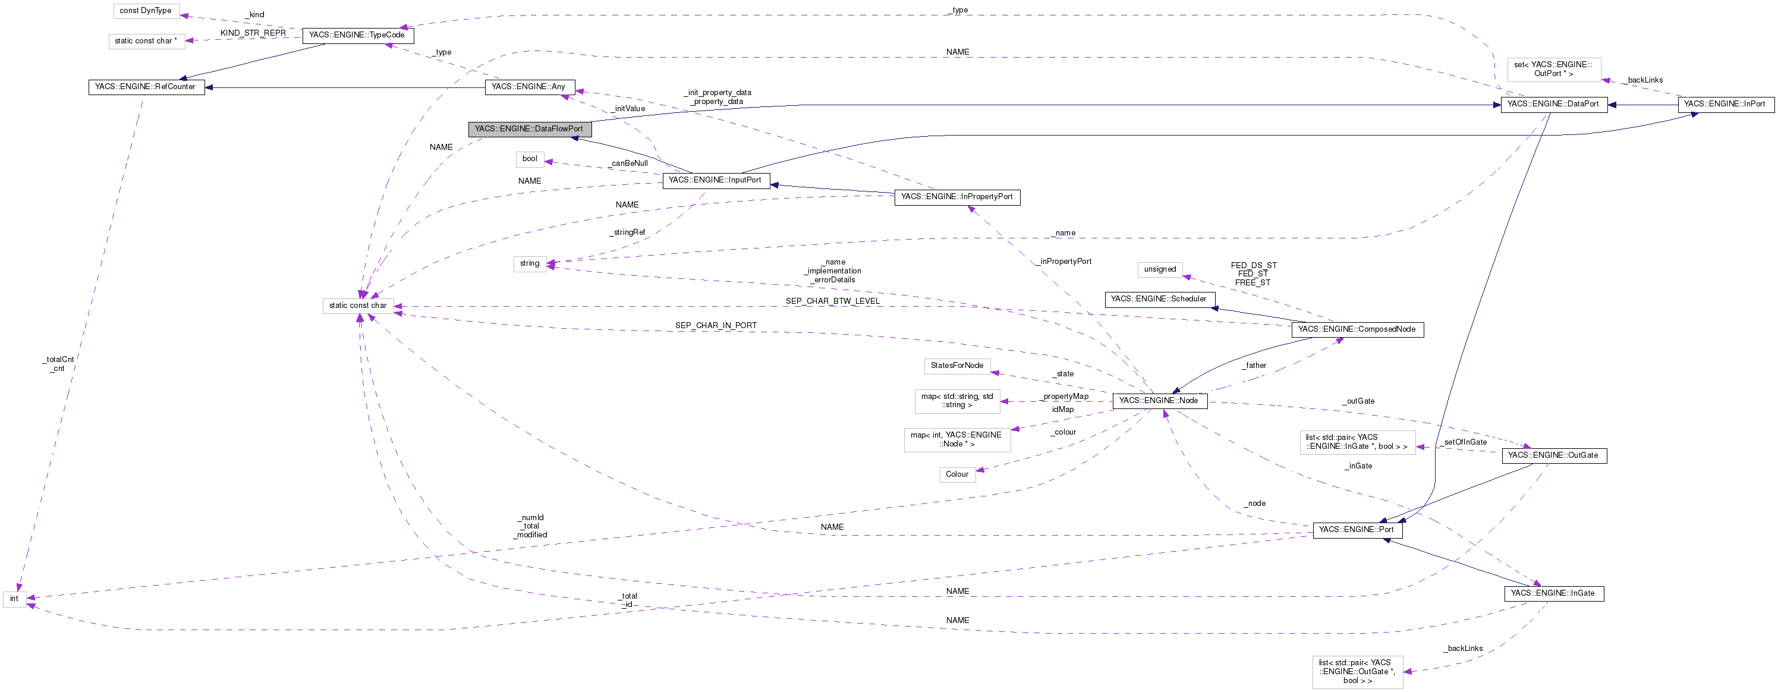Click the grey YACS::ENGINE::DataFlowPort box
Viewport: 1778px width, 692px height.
(x=528, y=129)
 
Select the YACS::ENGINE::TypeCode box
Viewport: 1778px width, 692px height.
(x=357, y=35)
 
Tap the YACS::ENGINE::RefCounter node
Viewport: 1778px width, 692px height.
(x=146, y=87)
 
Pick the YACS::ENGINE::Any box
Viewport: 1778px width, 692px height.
(x=528, y=87)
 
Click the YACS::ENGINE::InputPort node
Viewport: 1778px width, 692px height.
(x=715, y=180)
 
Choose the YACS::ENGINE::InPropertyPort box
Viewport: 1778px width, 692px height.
(x=956, y=197)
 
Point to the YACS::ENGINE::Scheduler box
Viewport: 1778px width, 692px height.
(x=1159, y=299)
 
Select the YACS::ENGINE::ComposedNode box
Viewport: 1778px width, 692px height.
(x=1357, y=329)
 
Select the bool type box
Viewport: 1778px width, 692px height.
(x=530, y=159)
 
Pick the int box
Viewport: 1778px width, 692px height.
(x=14, y=599)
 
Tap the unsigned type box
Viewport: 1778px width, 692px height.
(x=1160, y=269)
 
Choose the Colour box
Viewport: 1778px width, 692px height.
(x=956, y=474)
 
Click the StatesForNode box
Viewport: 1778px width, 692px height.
(x=956, y=366)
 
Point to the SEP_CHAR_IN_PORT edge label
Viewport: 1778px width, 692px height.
(x=716, y=325)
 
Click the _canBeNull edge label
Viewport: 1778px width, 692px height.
(x=630, y=163)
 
